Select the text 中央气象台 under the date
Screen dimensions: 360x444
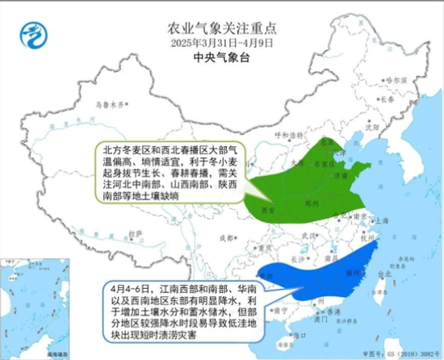(220, 57)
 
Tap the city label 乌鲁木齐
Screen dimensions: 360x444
(107, 104)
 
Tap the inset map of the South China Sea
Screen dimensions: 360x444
(31, 308)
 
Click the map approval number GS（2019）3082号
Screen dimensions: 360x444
(408, 353)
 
